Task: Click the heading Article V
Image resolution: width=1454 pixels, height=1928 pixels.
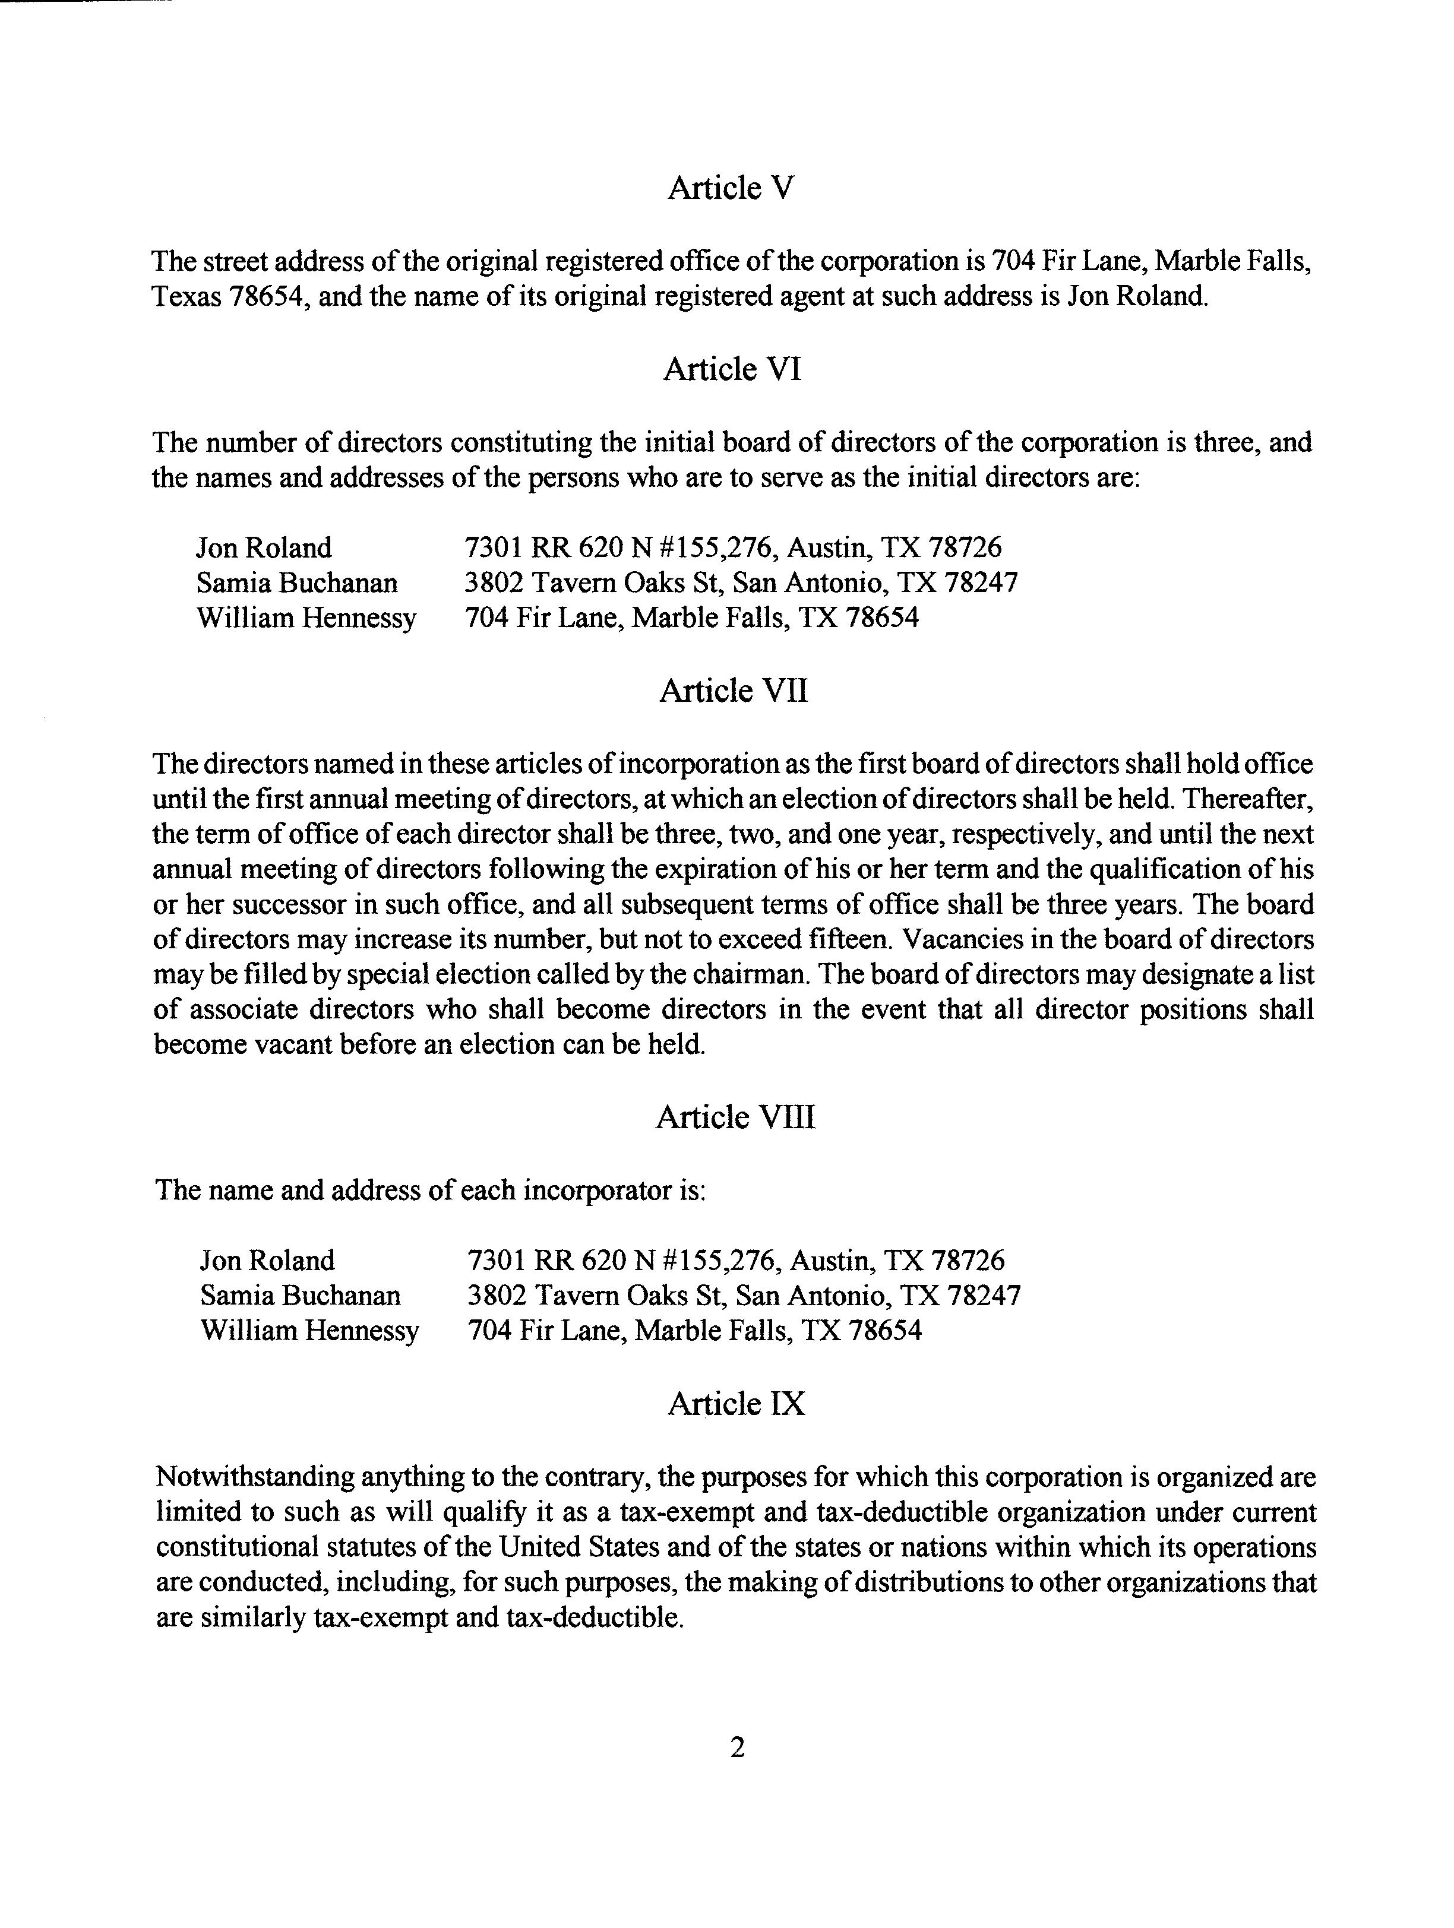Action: [731, 188]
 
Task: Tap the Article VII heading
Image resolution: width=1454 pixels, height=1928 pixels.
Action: [733, 691]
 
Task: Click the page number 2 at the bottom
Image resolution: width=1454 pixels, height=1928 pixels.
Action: [737, 1747]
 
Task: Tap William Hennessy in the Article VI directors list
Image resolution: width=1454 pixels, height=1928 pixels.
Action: [306, 618]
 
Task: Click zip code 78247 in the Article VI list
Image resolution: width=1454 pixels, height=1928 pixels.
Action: [982, 583]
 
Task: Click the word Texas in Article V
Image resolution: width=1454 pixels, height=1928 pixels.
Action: [187, 297]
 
